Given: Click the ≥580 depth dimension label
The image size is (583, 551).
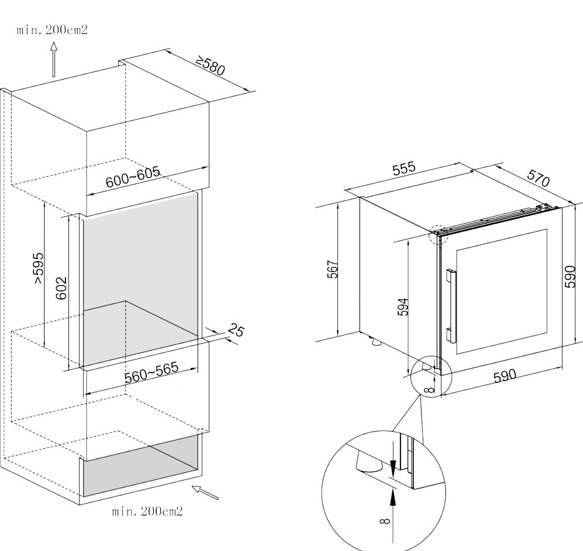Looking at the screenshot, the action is tap(211, 66).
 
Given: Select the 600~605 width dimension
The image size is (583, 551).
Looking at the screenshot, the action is tap(133, 176).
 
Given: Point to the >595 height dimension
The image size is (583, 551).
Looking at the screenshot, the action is tap(39, 268).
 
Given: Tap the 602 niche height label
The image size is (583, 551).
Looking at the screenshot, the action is tap(61, 288).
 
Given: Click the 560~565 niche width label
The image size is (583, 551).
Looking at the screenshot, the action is tap(151, 372).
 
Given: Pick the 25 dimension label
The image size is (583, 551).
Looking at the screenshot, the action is tap(236, 330).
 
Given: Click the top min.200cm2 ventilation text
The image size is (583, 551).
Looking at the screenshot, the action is tap(52, 30).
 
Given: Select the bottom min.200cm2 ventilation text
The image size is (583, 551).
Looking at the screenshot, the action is tap(147, 511).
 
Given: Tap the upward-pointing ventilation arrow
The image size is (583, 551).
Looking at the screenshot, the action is tap(54, 60).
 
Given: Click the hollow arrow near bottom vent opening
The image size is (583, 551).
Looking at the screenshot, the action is tap(205, 492).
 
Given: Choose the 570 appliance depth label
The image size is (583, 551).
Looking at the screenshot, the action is tap(538, 178).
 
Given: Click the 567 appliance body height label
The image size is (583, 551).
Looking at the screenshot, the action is tap(333, 269).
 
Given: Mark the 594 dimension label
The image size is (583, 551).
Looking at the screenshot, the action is tap(403, 307).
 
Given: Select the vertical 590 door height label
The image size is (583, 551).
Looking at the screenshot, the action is tap(570, 276).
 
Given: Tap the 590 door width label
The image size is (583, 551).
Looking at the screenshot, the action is tap(505, 376).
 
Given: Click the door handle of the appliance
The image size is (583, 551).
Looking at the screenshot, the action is tap(451, 305).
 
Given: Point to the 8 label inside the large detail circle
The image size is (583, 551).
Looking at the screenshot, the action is tap(385, 521).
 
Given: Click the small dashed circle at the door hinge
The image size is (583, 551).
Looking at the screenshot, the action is tap(437, 235).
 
